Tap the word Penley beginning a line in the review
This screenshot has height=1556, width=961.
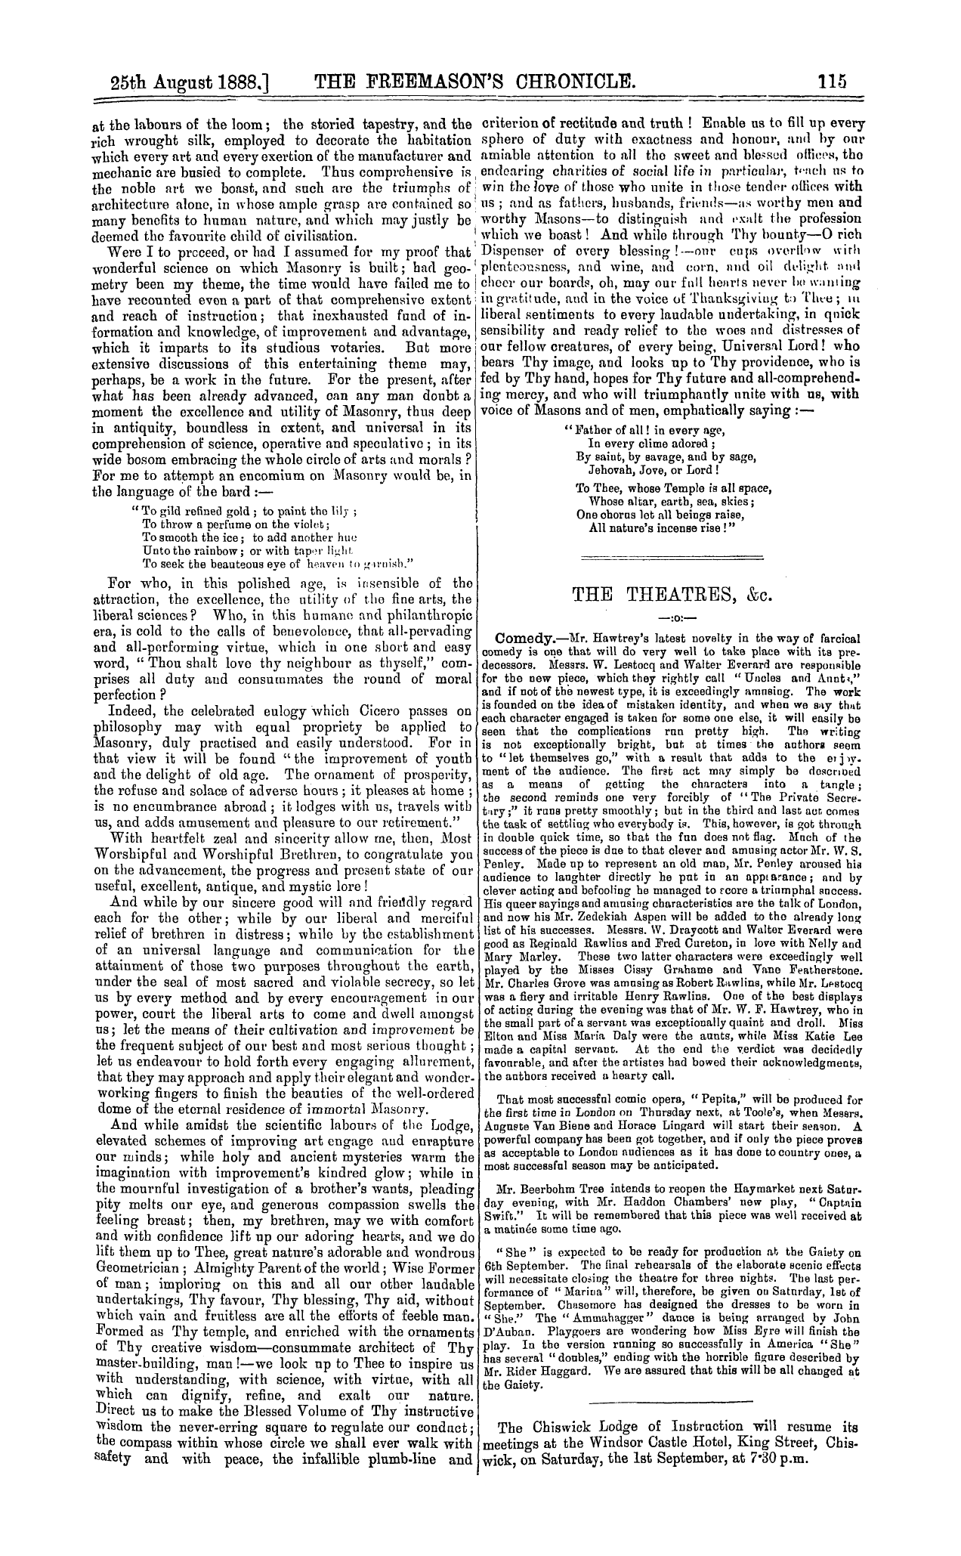pos(501,862)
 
